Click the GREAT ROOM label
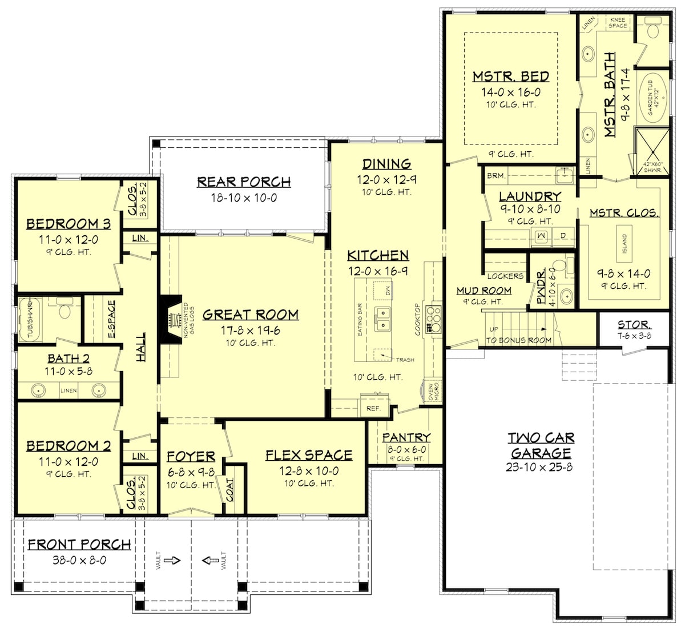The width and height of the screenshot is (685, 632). (250, 315)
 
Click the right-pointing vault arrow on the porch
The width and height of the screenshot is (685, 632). (172, 560)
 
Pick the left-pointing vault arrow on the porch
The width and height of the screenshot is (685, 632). (209, 560)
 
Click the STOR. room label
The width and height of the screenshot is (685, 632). (632, 325)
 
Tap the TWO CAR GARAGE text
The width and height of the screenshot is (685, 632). (541, 445)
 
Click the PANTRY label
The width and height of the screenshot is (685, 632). (406, 437)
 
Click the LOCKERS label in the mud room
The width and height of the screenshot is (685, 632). (505, 276)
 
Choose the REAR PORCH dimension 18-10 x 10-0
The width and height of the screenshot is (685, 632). (244, 198)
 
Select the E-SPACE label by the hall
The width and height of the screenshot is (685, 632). (111, 319)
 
